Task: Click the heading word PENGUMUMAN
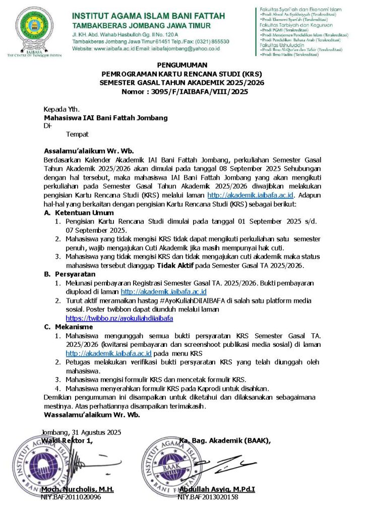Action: (x=182, y=65)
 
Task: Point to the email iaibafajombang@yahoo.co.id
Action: (x=187, y=48)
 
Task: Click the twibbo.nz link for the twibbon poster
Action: (x=119, y=319)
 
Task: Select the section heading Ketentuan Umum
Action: (x=84, y=213)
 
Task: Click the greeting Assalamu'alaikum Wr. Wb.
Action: (x=89, y=150)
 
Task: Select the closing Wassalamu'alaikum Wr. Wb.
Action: (x=92, y=415)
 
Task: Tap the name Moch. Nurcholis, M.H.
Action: (x=78, y=489)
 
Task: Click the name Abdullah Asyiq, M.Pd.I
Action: (x=217, y=489)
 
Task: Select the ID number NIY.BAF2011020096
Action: (x=71, y=497)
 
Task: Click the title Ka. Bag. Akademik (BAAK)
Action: (x=225, y=440)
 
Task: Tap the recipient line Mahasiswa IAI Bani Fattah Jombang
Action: (x=105, y=118)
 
